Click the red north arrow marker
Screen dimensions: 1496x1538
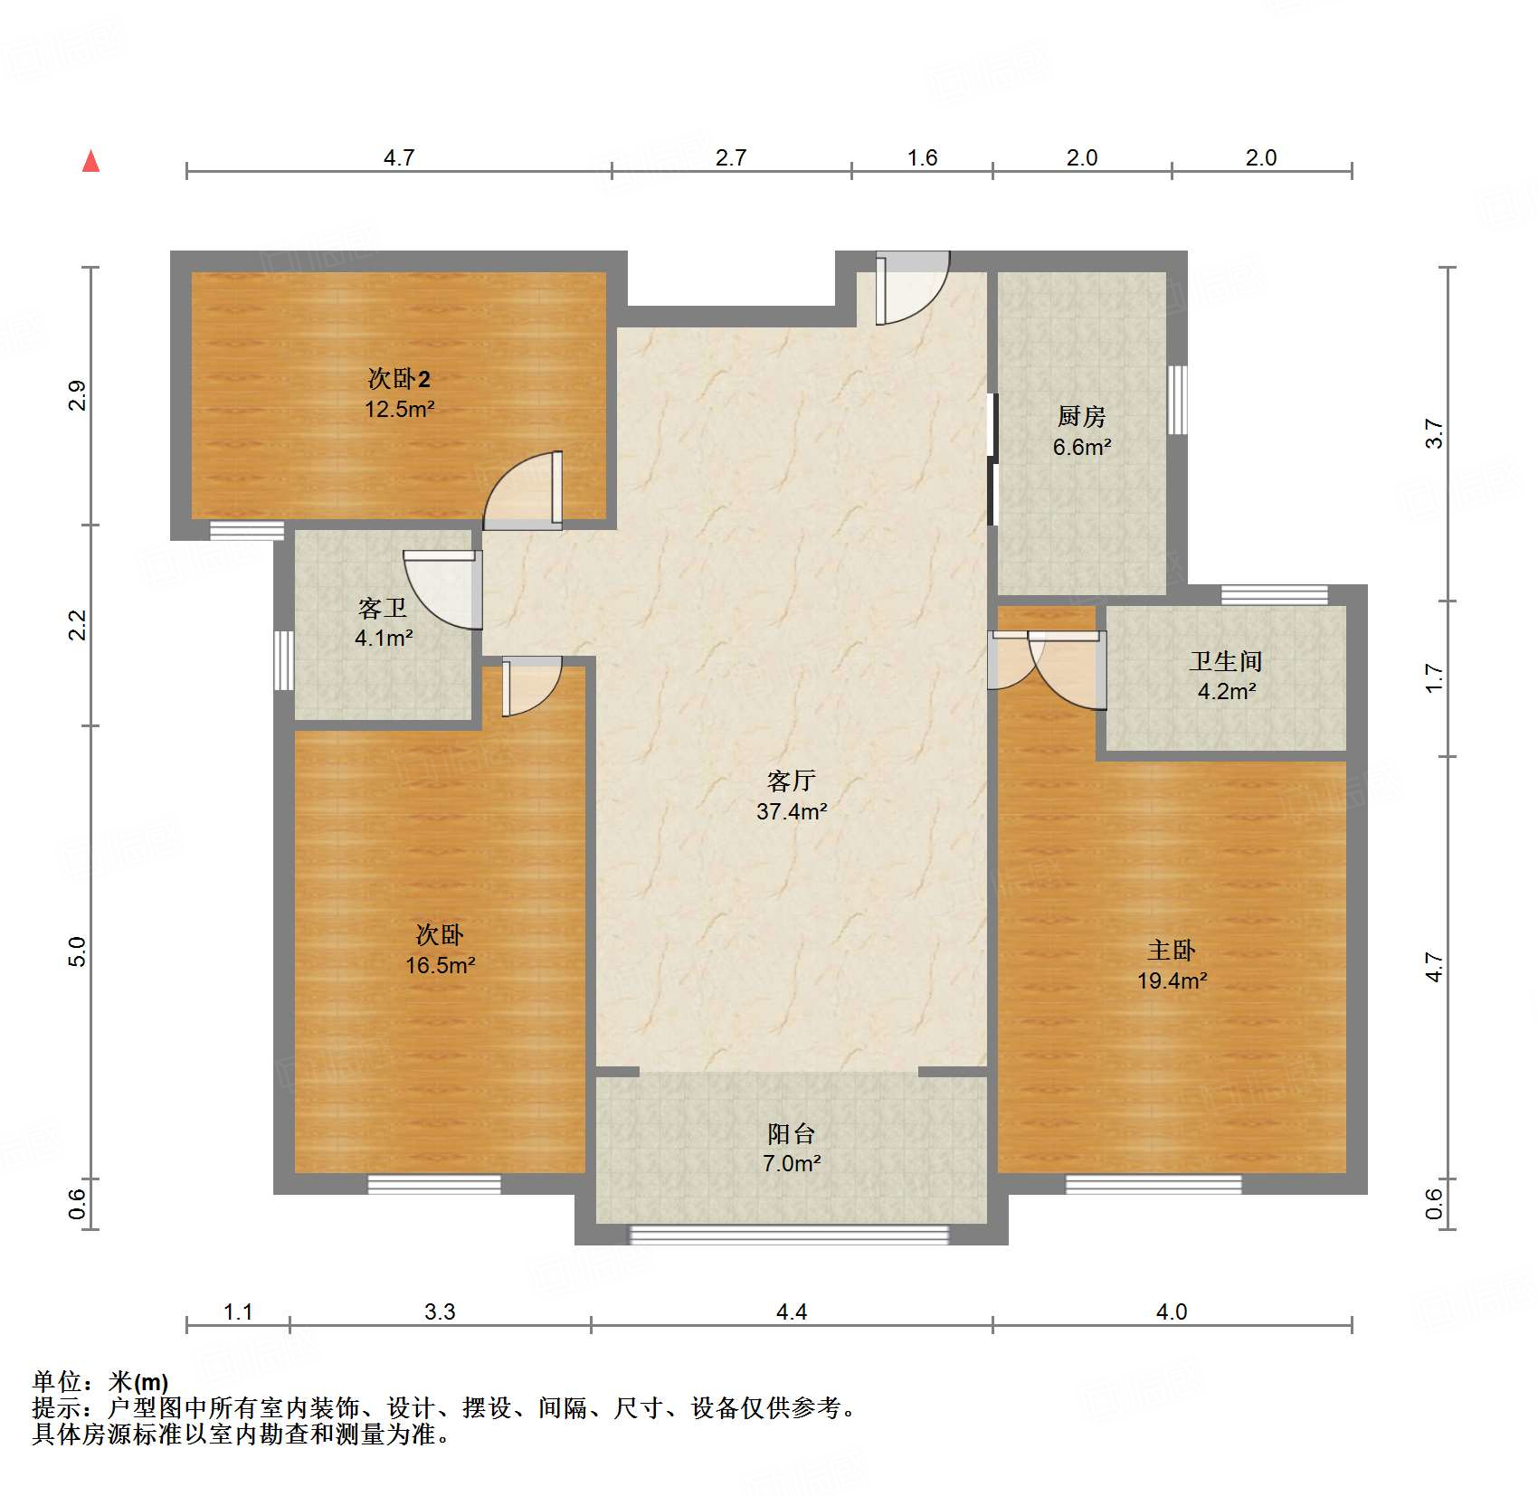pos(90,162)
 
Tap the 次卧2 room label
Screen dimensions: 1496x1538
pos(399,378)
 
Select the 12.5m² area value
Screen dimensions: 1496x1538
pos(399,409)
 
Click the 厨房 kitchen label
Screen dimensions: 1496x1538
pos(1081,417)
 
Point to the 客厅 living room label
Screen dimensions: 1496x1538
pos(792,781)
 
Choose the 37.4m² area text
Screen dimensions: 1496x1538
pos(792,811)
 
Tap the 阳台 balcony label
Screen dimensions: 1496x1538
pos(792,1133)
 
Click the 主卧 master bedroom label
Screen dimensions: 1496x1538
pos(1172,950)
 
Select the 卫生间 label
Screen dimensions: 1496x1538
pos(1226,661)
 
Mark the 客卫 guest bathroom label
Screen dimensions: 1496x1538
pos(383,608)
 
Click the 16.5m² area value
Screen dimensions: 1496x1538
pos(440,965)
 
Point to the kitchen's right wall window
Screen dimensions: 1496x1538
pos(1176,400)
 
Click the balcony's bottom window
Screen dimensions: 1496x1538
pos(789,1234)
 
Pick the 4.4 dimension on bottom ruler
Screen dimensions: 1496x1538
pos(792,1311)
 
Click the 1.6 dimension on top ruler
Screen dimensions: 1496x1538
pos(922,158)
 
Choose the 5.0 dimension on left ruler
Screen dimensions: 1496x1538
pos(78,952)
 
